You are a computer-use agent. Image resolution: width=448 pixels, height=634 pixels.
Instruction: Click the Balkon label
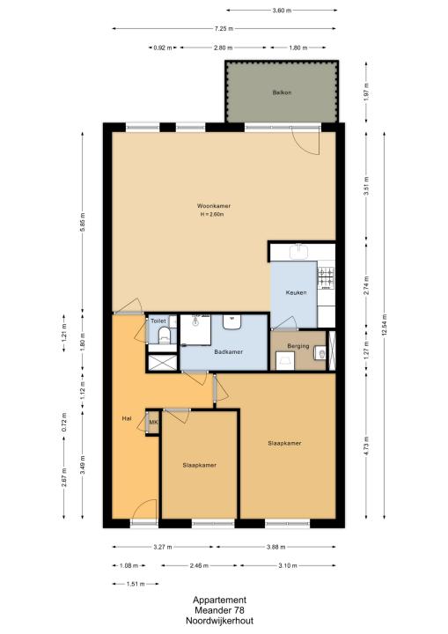click(x=282, y=92)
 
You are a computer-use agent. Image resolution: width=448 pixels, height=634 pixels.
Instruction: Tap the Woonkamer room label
click(x=214, y=206)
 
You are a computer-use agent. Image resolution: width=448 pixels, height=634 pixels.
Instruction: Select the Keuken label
click(x=296, y=292)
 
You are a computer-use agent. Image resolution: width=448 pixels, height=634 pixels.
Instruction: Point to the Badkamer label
click(x=229, y=351)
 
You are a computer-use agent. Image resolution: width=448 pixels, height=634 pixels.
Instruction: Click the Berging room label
click(x=298, y=346)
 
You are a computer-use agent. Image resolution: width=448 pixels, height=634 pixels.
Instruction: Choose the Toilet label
click(x=158, y=321)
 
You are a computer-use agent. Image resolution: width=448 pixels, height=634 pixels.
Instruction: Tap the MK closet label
click(x=153, y=423)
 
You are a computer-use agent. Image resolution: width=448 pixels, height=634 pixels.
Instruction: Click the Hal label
click(x=127, y=419)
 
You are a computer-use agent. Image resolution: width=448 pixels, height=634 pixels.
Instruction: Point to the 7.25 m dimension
click(x=224, y=29)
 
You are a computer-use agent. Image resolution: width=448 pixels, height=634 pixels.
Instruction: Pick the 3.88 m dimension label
click(x=275, y=547)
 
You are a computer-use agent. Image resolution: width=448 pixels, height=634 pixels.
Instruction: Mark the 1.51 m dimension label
click(x=136, y=584)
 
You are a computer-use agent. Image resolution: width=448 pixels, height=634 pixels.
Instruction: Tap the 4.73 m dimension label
click(x=366, y=446)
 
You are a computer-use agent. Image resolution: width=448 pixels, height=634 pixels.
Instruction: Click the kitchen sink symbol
click(x=298, y=252)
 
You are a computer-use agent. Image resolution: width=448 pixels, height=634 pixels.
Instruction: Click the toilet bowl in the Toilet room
click(x=164, y=335)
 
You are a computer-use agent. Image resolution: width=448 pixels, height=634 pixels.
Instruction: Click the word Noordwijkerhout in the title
click(x=219, y=621)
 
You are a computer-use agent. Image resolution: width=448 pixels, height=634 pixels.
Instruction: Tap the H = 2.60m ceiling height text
click(x=212, y=214)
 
